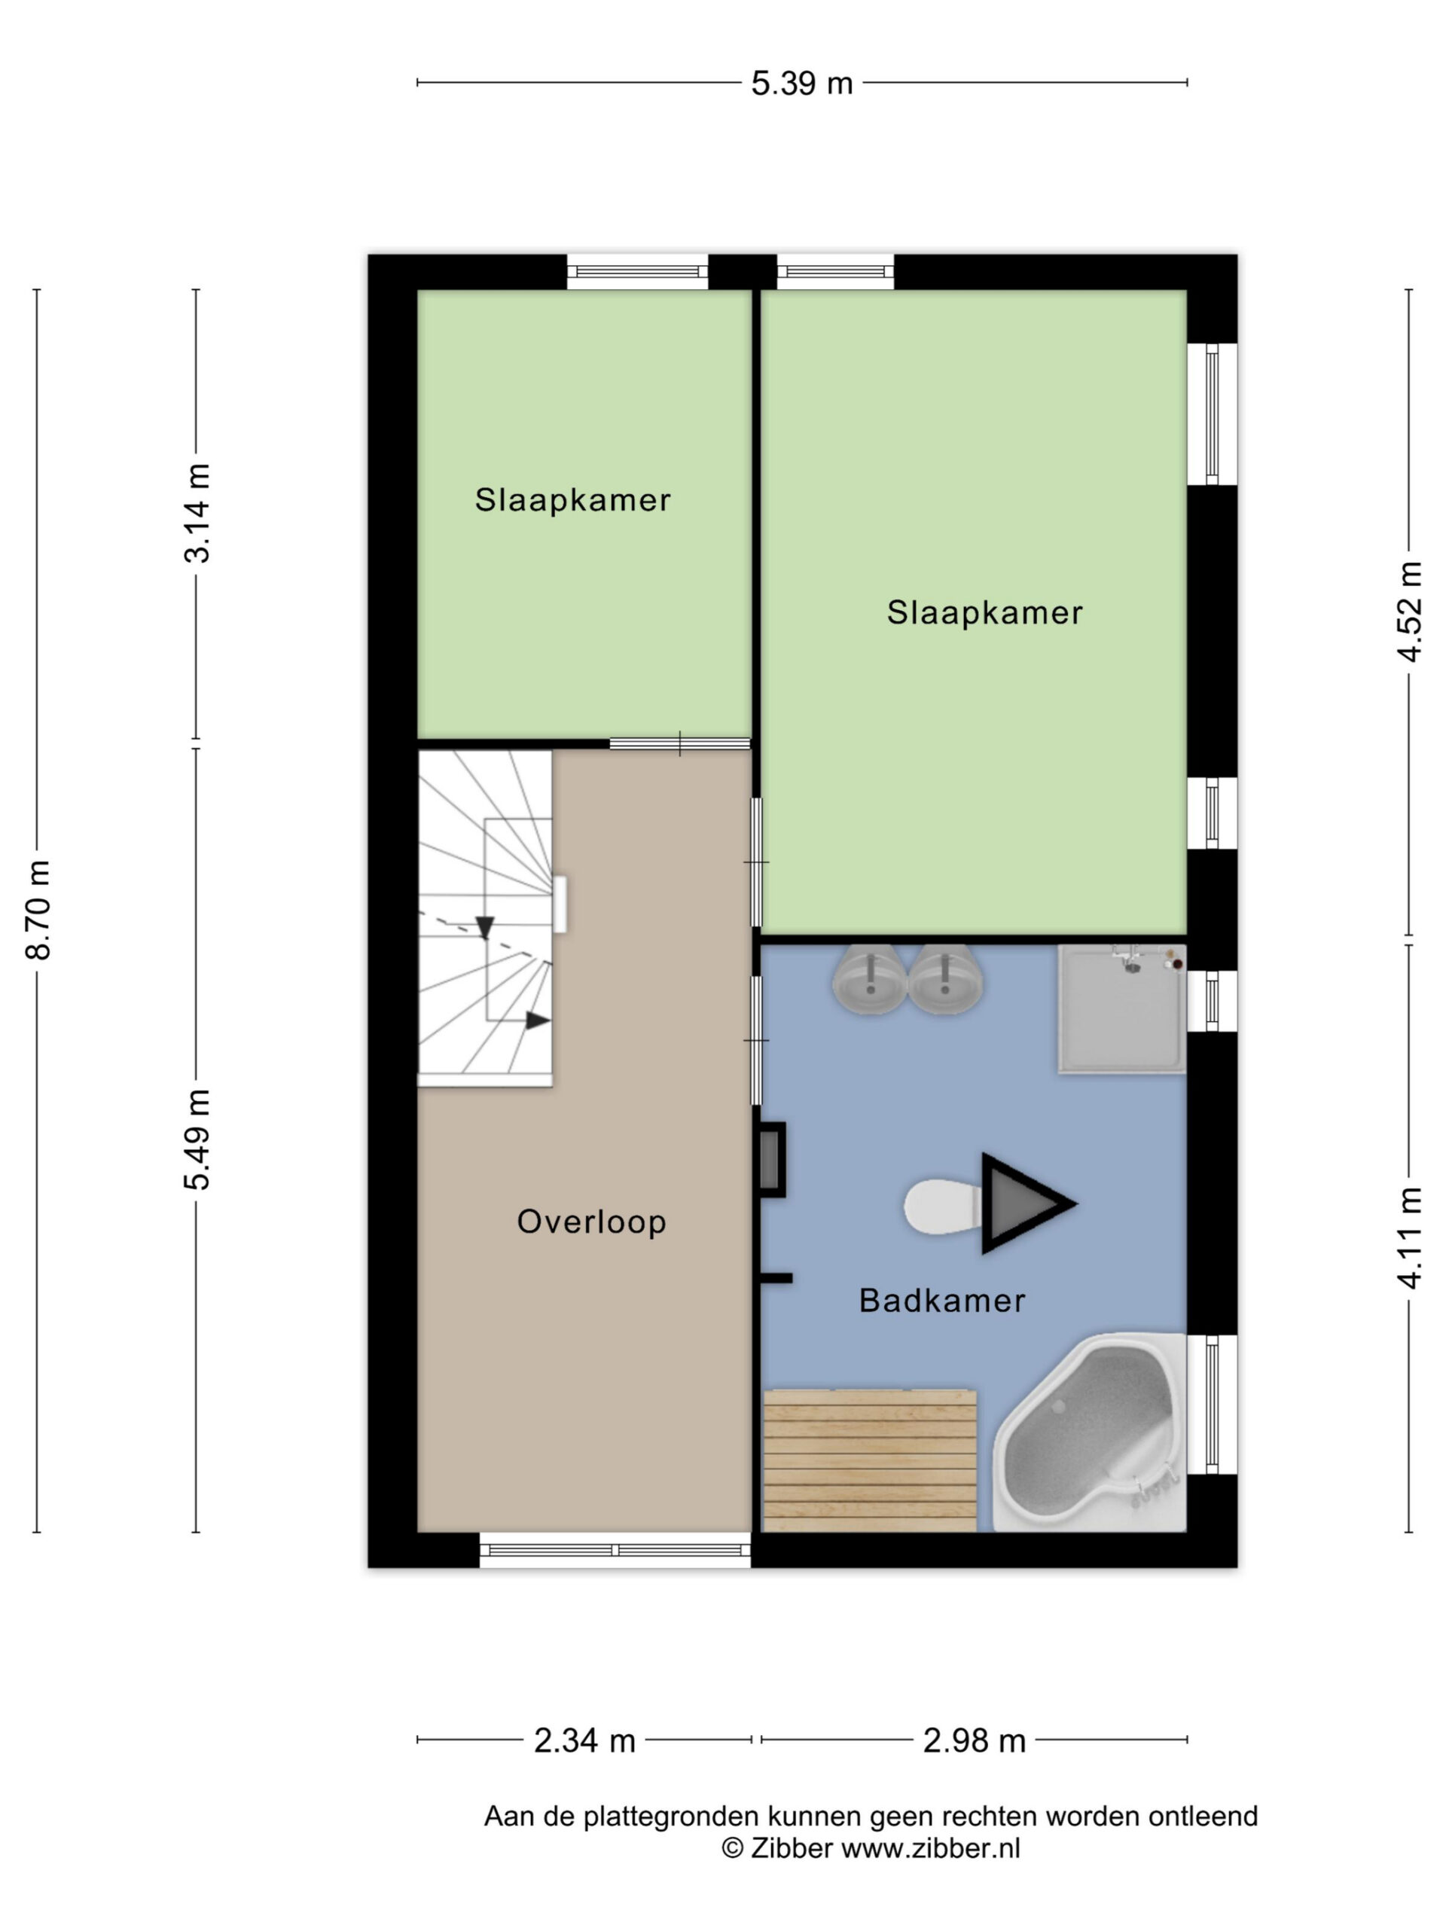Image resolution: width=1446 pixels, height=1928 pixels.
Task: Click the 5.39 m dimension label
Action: (x=802, y=84)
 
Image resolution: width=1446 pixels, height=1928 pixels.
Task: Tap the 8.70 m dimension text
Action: (x=38, y=910)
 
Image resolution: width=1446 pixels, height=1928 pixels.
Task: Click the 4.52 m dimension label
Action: (x=1409, y=612)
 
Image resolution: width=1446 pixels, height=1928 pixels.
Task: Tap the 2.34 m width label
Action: (x=584, y=1741)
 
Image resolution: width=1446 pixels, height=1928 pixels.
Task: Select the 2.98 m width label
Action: (x=974, y=1741)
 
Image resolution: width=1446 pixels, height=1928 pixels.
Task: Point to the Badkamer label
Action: (x=942, y=1301)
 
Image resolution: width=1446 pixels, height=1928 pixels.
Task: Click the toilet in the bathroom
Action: (x=942, y=1207)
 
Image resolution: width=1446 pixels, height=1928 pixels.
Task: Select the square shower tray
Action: (x=1121, y=1008)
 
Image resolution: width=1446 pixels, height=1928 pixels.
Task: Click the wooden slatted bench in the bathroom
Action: (x=870, y=1461)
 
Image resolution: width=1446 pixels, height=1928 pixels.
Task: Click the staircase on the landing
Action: (x=486, y=919)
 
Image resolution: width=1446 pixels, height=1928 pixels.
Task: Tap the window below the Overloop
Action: (x=615, y=1551)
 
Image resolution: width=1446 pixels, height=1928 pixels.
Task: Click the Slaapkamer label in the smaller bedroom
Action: (x=572, y=500)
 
